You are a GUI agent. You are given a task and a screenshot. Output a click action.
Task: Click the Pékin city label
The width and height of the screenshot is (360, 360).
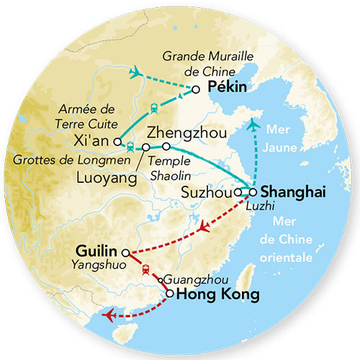click(227, 88)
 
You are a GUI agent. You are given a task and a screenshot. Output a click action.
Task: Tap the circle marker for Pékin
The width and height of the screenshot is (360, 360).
click(195, 89)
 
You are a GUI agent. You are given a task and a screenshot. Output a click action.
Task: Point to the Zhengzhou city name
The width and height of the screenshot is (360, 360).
click(186, 133)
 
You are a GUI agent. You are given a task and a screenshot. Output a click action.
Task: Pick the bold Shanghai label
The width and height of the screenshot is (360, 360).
click(294, 192)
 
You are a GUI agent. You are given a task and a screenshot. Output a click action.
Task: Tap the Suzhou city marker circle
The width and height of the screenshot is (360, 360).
click(238, 193)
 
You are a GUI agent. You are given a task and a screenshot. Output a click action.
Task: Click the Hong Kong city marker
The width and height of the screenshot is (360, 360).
click(169, 293)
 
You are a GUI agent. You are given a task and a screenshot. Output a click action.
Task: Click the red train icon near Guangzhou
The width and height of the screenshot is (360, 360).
click(145, 270)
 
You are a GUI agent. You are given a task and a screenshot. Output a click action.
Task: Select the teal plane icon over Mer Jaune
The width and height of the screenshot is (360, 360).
click(251, 127)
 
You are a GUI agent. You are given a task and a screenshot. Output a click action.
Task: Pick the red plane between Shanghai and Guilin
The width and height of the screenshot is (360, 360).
click(204, 228)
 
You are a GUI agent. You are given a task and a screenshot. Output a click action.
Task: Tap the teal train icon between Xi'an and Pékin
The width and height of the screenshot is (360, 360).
click(154, 109)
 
